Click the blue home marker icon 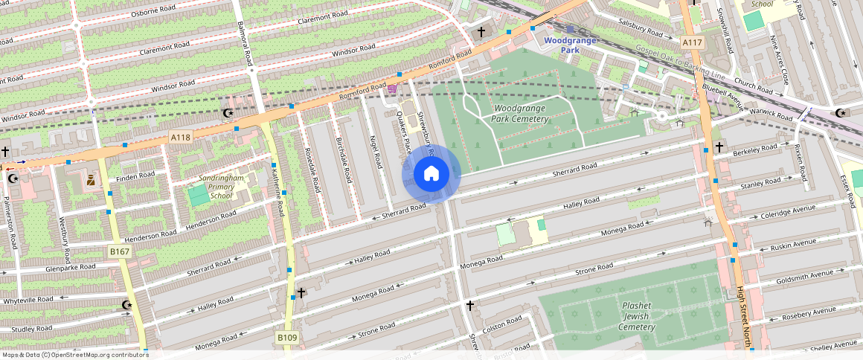click(431, 174)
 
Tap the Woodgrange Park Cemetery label click(519, 113)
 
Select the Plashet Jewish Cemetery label click(636, 316)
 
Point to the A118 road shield click(180, 137)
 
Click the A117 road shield click(692, 42)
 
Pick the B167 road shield click(119, 251)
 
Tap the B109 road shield click(287, 338)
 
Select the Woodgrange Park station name click(570, 45)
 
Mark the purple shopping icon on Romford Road click(391, 89)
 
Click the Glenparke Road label click(71, 267)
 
